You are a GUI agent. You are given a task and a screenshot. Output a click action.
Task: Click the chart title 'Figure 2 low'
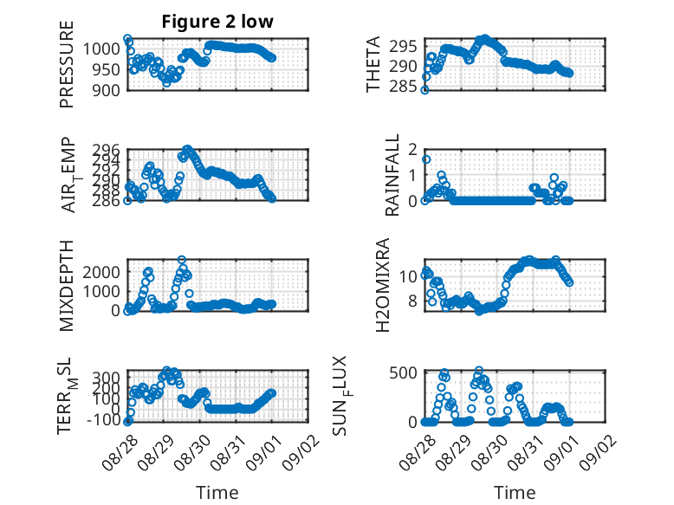click(217, 22)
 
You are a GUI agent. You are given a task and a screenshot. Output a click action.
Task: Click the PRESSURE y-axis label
click(67, 64)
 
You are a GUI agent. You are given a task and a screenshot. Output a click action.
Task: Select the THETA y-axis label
click(373, 64)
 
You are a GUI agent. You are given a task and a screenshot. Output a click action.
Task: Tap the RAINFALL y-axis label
click(392, 175)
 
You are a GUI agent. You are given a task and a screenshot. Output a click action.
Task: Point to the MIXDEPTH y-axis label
click(67, 286)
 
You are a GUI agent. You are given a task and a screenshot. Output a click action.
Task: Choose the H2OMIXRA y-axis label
click(382, 285)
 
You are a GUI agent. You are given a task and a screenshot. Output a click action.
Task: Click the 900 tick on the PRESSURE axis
click(107, 90)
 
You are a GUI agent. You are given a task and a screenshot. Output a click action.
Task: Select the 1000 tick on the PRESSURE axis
click(101, 49)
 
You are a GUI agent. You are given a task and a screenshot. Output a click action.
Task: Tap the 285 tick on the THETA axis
click(403, 87)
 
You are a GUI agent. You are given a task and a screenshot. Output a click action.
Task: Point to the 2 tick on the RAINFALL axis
click(413, 150)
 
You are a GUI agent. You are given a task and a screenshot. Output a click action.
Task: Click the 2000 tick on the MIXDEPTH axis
click(101, 272)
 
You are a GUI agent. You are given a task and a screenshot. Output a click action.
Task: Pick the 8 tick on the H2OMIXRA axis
click(413, 301)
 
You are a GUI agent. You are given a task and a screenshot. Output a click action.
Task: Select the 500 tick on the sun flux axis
click(403, 372)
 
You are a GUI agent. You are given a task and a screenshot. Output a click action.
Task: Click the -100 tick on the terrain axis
click(104, 420)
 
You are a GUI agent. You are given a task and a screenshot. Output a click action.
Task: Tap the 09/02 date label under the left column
click(301, 453)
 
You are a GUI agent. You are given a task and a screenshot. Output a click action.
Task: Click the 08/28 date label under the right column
click(417, 453)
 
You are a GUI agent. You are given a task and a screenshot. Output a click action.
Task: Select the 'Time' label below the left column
click(217, 492)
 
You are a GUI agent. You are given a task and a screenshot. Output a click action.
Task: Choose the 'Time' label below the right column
click(515, 492)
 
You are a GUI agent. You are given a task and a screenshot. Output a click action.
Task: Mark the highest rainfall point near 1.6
click(426, 159)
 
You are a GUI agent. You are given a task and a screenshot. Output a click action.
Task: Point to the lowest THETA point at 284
click(424, 90)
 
